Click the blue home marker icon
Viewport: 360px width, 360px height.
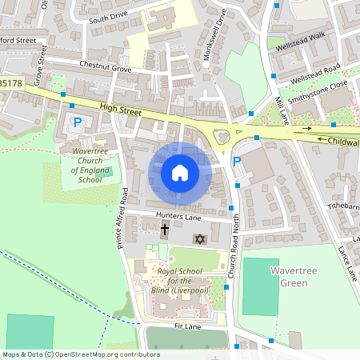(180, 172)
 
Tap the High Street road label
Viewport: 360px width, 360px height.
(120, 110)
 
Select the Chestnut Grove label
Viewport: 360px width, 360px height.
(105, 66)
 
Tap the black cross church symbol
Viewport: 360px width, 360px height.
(165, 230)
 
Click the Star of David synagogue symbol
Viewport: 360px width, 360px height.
(200, 239)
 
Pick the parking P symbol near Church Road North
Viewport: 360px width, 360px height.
(236, 162)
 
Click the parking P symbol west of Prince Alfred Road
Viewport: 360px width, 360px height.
(78, 122)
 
